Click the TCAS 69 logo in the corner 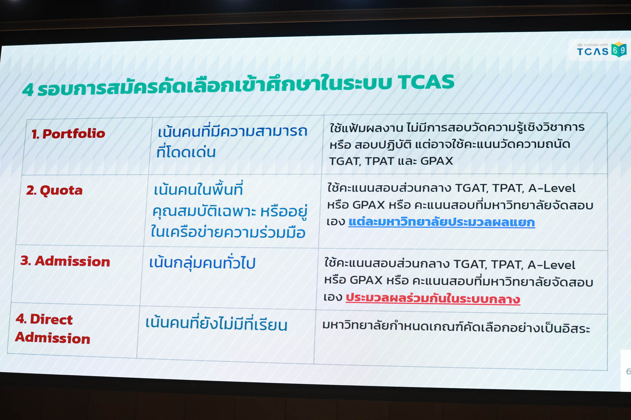click(x=602, y=50)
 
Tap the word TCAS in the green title click(x=426, y=82)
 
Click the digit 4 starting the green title click(x=28, y=90)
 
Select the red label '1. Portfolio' click(x=68, y=134)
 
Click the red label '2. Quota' click(x=54, y=190)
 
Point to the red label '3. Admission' click(x=65, y=261)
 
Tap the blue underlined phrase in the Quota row click(x=442, y=222)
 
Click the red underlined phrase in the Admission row click(x=433, y=298)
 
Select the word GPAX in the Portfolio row click(x=437, y=161)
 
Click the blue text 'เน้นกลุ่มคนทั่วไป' click(x=202, y=263)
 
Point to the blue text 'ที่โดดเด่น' click(x=186, y=151)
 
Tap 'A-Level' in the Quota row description click(x=552, y=188)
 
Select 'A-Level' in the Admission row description click(x=551, y=265)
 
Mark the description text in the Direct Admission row click(x=456, y=327)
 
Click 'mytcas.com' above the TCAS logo click(x=593, y=45)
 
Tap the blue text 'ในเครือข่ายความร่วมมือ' click(x=228, y=232)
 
